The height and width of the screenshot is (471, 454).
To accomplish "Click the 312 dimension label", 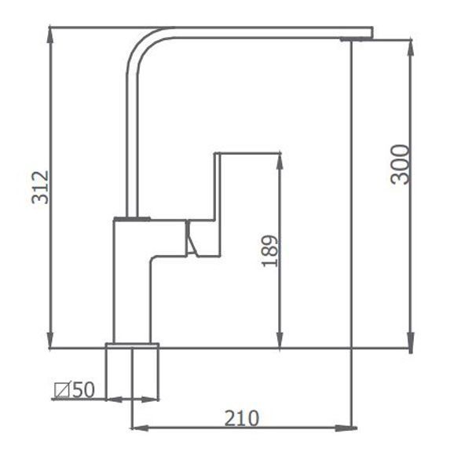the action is tap(41, 188).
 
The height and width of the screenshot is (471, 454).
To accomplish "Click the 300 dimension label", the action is tap(401, 164).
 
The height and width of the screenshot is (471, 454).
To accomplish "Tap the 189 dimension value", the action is tap(270, 251).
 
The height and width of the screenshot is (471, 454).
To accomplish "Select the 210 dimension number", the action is tap(242, 418).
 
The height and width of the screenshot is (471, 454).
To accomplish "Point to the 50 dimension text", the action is tap(83, 389).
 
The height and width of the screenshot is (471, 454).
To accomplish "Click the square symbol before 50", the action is tap(62, 390).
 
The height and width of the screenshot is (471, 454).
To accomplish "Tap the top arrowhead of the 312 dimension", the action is tap(50, 35).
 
